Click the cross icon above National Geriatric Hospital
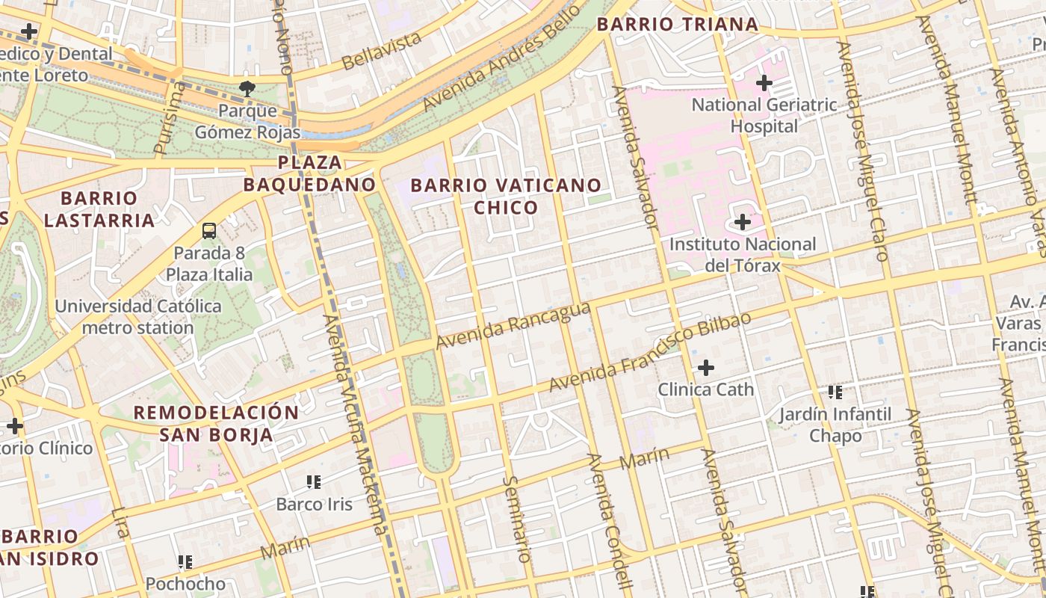tap(764, 83)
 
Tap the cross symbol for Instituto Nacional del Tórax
tap(743, 222)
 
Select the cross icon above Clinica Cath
tap(705, 367)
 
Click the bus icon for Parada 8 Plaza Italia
tap(209, 230)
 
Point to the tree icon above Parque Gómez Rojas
tap(247, 89)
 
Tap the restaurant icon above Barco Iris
tap(314, 481)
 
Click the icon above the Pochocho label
tap(185, 561)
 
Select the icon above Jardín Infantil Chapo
tap(835, 392)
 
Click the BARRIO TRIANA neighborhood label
tap(678, 25)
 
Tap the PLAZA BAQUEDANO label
tap(310, 173)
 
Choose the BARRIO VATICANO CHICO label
tap(506, 197)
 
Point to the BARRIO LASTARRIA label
tap(99, 209)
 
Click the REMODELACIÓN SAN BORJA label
tap(216, 424)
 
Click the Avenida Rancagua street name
tap(513, 325)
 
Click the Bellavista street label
tap(382, 52)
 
